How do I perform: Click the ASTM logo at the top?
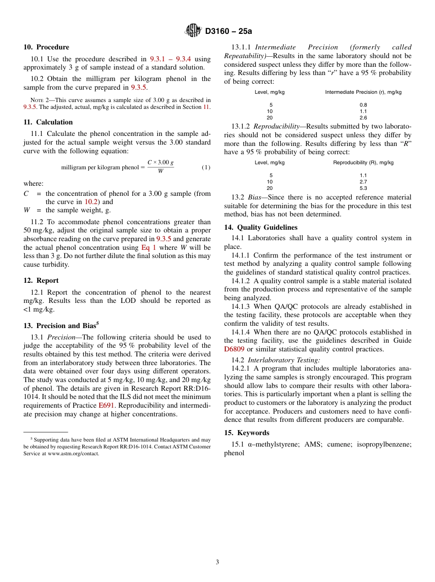[x=193, y=31]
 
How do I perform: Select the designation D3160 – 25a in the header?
[x=228, y=31]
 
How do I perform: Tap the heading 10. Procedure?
[x=46, y=47]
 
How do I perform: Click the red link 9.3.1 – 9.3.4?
[x=170, y=59]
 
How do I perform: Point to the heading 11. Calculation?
[x=48, y=122]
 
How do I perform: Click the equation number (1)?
[x=206, y=167]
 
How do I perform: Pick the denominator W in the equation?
[x=160, y=172]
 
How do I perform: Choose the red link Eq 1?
[x=148, y=248]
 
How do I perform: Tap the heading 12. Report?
[x=41, y=280]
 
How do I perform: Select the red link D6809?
[x=234, y=349]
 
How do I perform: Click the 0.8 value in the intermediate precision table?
[x=363, y=105]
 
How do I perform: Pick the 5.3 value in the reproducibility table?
[x=363, y=188]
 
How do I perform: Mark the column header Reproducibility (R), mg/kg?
[x=363, y=162]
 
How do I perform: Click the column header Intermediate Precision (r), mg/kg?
[x=363, y=92]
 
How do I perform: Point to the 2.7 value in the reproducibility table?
[x=363, y=182]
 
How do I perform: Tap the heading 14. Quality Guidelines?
[x=261, y=227]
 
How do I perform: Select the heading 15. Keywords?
[x=246, y=433]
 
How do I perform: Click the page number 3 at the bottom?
[x=217, y=562]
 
